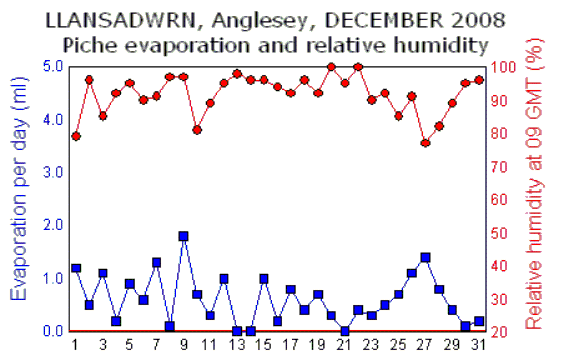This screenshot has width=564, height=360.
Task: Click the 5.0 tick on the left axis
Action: coord(53,67)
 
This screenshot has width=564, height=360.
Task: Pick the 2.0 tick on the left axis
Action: coord(53,226)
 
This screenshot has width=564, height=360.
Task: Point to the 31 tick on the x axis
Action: coord(479,345)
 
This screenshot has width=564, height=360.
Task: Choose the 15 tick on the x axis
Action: coord(264,345)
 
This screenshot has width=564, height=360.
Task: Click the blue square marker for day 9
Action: coord(183,236)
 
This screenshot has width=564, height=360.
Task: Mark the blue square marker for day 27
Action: coord(425,257)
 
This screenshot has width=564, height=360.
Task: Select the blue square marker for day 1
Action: coord(76,268)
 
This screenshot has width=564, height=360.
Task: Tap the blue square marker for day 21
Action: coord(344,331)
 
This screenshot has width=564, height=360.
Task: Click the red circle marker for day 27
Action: coord(425,143)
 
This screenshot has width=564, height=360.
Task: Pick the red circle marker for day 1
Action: coord(76,136)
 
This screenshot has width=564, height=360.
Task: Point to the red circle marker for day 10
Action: coord(197,130)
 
